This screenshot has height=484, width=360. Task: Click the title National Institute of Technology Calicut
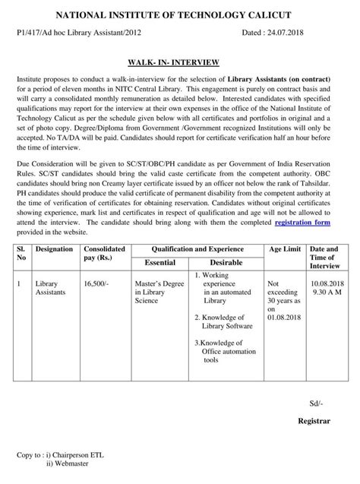tap(180, 15)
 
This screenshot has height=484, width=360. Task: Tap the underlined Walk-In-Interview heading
tap(179, 63)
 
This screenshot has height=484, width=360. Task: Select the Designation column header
tap(54, 248)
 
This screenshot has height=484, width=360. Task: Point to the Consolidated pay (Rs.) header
tap(104, 253)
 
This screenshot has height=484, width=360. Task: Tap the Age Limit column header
tap(284, 248)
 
